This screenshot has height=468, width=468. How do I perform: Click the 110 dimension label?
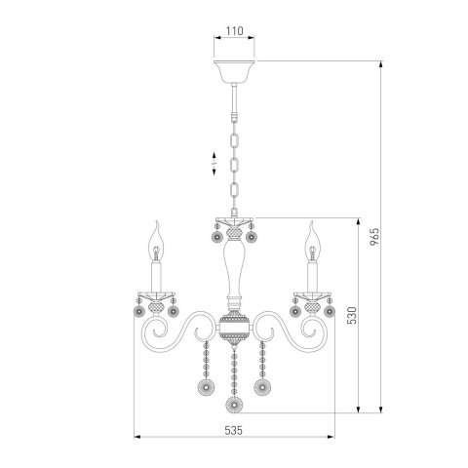pos(235,31)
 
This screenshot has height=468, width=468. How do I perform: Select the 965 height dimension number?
pos(374,237)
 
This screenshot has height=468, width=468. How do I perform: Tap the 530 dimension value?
pos(352,315)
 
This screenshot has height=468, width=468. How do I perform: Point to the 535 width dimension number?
pos(234,430)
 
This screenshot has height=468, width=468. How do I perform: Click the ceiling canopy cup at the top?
pos(234,71)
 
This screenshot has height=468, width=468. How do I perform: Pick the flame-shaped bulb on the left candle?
pos(156,241)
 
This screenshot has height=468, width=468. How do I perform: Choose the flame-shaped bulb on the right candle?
pos(312,241)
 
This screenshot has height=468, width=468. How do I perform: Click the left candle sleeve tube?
pos(156,277)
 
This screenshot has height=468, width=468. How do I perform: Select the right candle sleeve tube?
pos(312,277)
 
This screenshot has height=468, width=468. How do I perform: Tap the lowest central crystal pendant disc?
pos(234,405)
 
